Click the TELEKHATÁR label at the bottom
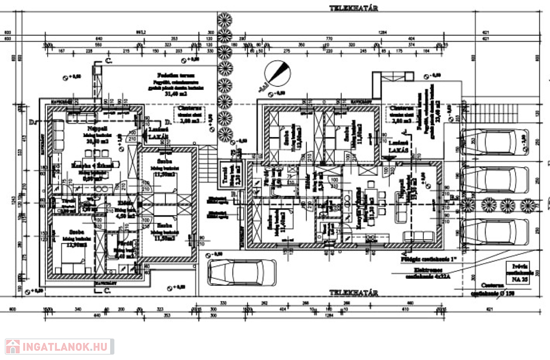coord(354,293)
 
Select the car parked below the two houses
coord(242,272)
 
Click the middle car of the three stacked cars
coord(495,179)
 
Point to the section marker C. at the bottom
coord(107,291)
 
